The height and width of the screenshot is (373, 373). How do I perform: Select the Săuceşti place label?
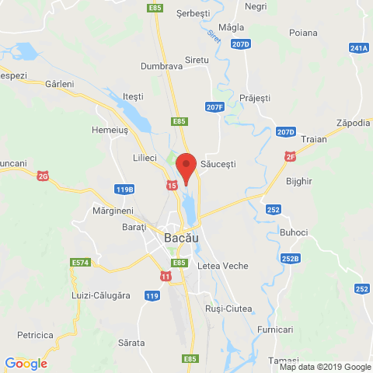tap(218, 164)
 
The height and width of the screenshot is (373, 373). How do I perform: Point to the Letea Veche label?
tap(223, 266)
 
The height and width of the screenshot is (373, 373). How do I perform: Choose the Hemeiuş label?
tap(110, 131)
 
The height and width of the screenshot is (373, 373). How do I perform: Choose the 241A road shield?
tap(359, 48)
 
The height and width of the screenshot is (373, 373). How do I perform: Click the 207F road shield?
tap(215, 106)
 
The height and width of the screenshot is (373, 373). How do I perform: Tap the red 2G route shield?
tap(44, 176)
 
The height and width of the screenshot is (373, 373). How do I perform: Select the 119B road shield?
tap(124, 189)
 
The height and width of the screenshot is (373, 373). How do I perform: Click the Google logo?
tap(26, 363)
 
